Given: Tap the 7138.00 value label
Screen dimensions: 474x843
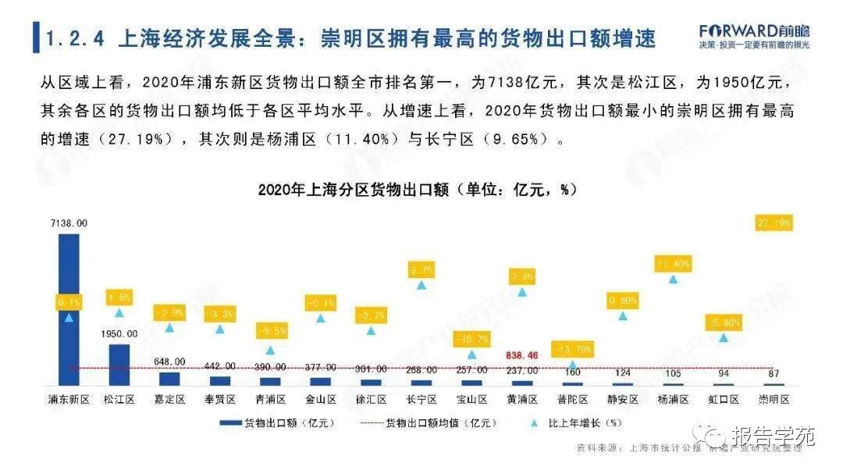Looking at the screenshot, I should click(x=69, y=223).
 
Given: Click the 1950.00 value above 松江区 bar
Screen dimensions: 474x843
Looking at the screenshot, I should click(x=119, y=333).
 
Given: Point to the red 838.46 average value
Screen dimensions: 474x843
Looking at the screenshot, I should click(x=522, y=355).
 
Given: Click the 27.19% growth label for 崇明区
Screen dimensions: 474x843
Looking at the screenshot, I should click(x=774, y=223).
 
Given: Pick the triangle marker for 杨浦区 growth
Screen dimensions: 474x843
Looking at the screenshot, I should click(x=673, y=279).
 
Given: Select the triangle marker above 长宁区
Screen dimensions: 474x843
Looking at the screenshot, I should click(x=421, y=285).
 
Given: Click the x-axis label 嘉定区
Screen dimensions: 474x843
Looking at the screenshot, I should click(x=169, y=399).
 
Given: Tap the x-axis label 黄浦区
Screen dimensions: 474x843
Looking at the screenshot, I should click(x=522, y=399).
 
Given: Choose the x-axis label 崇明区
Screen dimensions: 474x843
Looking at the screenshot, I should click(x=774, y=399).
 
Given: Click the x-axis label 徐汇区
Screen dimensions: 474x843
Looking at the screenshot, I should click(x=371, y=399).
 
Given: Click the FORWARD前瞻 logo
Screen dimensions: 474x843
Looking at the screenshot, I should click(x=754, y=32).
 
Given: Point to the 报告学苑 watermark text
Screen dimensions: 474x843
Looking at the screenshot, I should click(x=773, y=436).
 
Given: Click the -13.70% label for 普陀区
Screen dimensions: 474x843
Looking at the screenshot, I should click(x=572, y=349).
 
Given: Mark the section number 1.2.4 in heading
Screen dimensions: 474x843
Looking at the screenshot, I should click(x=76, y=37).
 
